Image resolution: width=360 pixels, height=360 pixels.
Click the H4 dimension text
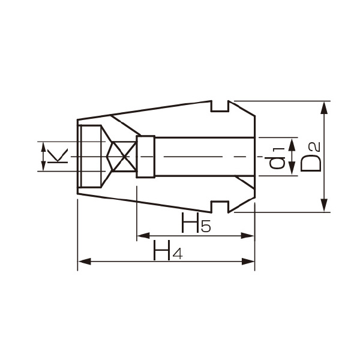coord(167,251)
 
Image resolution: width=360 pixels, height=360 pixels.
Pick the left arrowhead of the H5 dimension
coord(143,236)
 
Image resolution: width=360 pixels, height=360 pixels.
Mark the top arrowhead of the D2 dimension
coord(325,107)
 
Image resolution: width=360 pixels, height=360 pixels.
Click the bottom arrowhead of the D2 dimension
coord(325,206)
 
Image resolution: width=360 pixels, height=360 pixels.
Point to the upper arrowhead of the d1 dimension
coord(291,143)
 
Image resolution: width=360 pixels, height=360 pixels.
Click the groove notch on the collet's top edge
coord(221,106)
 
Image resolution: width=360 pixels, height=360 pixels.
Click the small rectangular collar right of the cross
coord(146,157)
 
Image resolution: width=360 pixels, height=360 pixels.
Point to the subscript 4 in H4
coord(176,254)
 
